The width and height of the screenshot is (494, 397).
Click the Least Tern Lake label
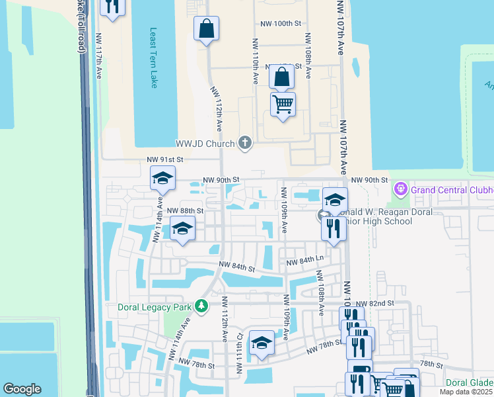pyautogui.click(x=154, y=58)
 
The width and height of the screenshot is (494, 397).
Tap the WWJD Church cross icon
pyautogui.click(x=245, y=143)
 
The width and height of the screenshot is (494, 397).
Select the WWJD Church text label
pyautogui.click(x=205, y=144)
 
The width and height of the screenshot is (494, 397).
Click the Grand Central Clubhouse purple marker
pyautogui.click(x=400, y=190)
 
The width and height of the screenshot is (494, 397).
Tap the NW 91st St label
pyautogui.click(x=164, y=159)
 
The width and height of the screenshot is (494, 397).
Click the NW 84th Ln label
pyautogui.click(x=304, y=261)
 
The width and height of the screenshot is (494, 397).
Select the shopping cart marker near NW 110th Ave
pyautogui.click(x=283, y=104)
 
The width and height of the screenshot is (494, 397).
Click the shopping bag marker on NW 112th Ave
pyautogui.click(x=206, y=28)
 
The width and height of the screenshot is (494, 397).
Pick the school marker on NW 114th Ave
pyautogui.click(x=162, y=178)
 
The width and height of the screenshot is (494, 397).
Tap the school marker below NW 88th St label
pyautogui.click(x=183, y=229)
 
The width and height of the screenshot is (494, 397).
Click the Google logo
pyautogui.click(x=22, y=389)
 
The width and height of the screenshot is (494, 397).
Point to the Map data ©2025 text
pyautogui.click(x=466, y=392)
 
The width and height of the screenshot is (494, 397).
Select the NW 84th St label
pyautogui.click(x=237, y=267)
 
